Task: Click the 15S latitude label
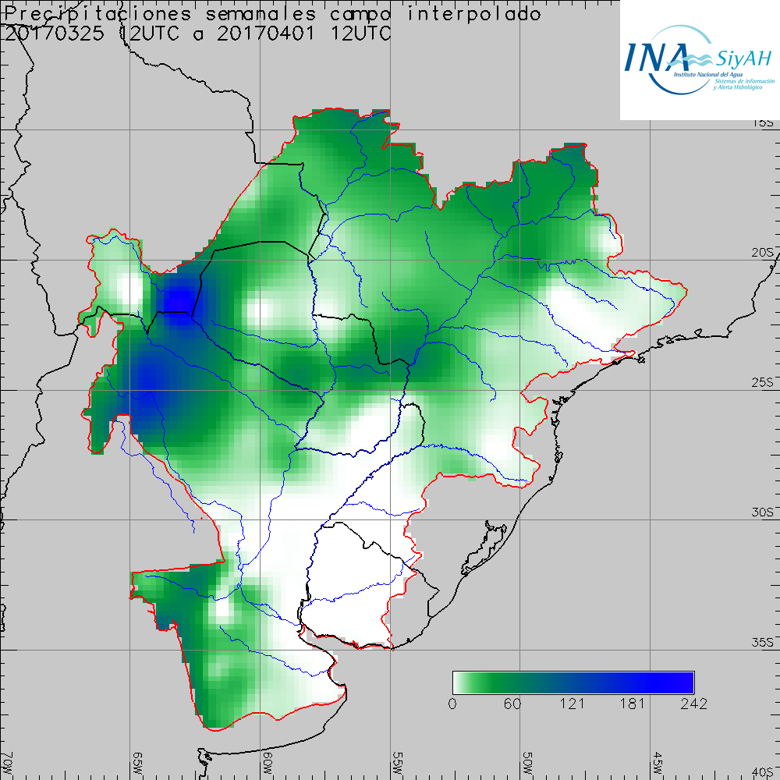[764, 123]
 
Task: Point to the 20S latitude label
[764, 253]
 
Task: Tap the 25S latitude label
[764, 382]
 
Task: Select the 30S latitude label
[764, 512]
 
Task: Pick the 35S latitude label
[764, 643]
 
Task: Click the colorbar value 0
[453, 704]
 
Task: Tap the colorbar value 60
[512, 704]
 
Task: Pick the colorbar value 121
[573, 704]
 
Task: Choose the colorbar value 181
[633, 704]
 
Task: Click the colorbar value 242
[693, 704]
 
